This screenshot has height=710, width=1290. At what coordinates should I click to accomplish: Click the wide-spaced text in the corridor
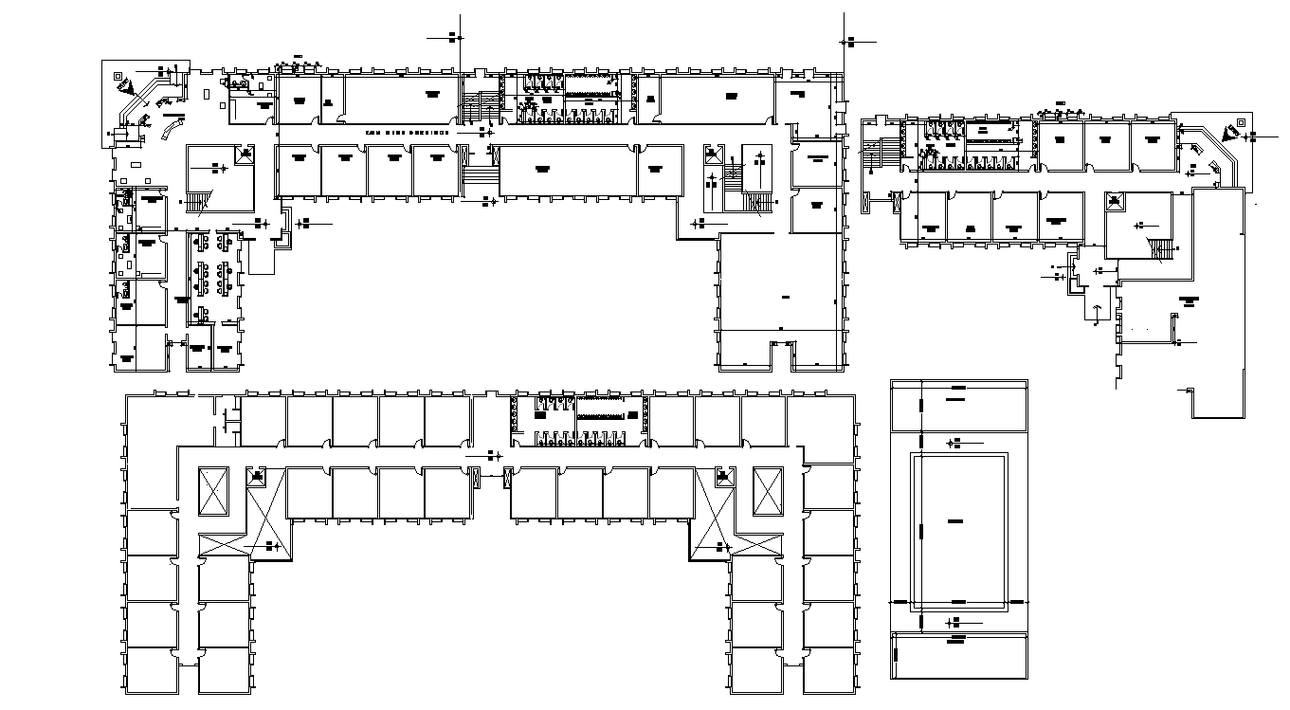[408, 134]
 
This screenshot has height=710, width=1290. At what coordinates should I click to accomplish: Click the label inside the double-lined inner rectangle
[954, 522]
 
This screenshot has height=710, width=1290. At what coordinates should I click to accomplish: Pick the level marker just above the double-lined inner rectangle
[955, 443]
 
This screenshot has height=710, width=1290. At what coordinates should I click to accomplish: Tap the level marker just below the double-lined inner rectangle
[955, 621]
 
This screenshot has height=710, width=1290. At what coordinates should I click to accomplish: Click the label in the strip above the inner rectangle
[955, 400]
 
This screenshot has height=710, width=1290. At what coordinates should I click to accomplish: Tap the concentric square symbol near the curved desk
[117, 75]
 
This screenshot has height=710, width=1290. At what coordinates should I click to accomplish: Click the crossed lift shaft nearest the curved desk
[243, 155]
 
